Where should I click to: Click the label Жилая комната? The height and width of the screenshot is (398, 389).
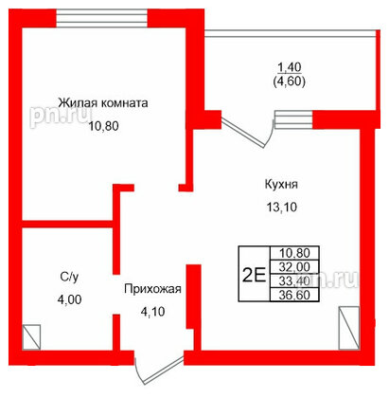tap(103, 103)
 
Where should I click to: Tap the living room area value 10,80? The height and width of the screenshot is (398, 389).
tap(103, 126)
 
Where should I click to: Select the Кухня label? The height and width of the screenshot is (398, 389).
tap(281, 184)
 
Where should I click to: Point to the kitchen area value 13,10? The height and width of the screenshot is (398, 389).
tap(282, 208)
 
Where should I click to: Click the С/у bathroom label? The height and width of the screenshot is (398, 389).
tap(69, 277)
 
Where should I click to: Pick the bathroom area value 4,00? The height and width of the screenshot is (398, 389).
tap(69, 299)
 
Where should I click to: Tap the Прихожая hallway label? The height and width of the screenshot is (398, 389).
tap(152, 289)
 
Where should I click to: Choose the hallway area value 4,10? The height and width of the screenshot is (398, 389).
tap(152, 312)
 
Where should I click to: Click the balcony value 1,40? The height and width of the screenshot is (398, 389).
tap(290, 67)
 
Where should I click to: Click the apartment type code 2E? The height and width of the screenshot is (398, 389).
tap(255, 275)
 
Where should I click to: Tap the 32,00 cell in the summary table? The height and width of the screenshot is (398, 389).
tap(294, 267)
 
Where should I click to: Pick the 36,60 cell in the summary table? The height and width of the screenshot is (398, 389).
tap(294, 295)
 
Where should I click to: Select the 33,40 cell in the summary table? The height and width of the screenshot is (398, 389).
tap(294, 280)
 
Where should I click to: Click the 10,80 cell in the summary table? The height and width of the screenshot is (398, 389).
tap(294, 253)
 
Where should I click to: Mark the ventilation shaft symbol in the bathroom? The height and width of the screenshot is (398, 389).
tap(31, 337)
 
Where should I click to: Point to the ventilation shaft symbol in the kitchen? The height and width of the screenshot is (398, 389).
tap(349, 328)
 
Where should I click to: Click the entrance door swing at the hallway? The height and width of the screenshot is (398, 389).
tap(159, 371)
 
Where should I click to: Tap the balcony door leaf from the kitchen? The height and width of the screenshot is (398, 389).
tap(243, 134)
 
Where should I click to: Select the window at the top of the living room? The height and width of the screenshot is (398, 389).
tap(102, 18)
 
